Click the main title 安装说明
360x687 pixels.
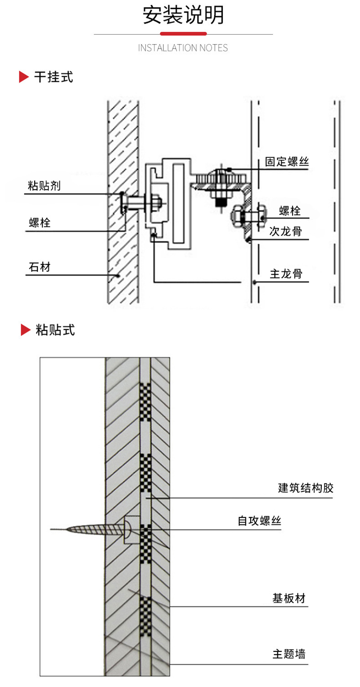click(x=183, y=15)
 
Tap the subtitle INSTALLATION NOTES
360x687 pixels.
click(x=183, y=48)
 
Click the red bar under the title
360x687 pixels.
click(x=183, y=34)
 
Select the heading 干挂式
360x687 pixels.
click(x=54, y=77)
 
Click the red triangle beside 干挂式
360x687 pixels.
click(x=23, y=77)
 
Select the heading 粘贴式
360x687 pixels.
click(x=55, y=330)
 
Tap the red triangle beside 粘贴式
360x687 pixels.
click(x=26, y=330)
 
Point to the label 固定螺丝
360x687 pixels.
click(x=287, y=162)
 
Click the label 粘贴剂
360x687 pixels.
click(x=44, y=185)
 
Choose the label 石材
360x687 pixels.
click(x=40, y=267)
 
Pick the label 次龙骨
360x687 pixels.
click(x=285, y=231)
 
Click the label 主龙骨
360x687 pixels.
click(x=286, y=274)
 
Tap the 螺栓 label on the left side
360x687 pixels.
click(x=40, y=223)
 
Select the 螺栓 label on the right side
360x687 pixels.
click(x=290, y=211)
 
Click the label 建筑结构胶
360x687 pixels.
click(x=306, y=488)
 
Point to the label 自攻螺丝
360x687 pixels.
click(x=259, y=521)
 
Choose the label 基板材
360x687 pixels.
click(x=289, y=598)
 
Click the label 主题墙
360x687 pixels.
click(x=289, y=654)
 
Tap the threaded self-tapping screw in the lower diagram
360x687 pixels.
click(x=91, y=529)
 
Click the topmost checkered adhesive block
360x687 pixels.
click(x=145, y=402)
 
